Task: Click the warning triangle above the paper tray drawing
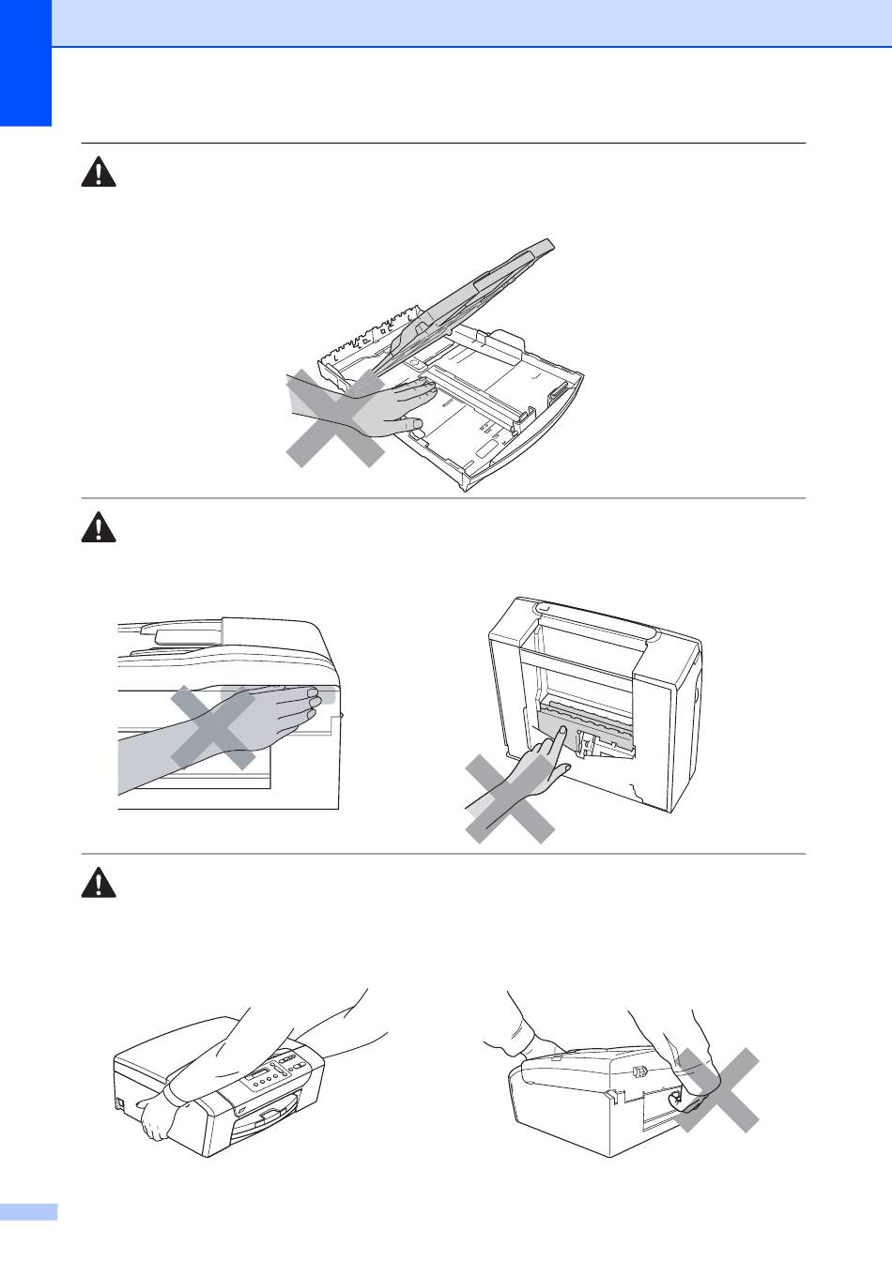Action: tap(99, 173)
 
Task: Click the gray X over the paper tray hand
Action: tap(335, 418)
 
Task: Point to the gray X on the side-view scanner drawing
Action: tap(213, 727)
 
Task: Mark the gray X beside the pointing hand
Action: tap(510, 800)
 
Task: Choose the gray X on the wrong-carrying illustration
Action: tap(716, 1090)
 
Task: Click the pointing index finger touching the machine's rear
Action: tap(556, 736)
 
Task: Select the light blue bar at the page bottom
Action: tap(28, 1212)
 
